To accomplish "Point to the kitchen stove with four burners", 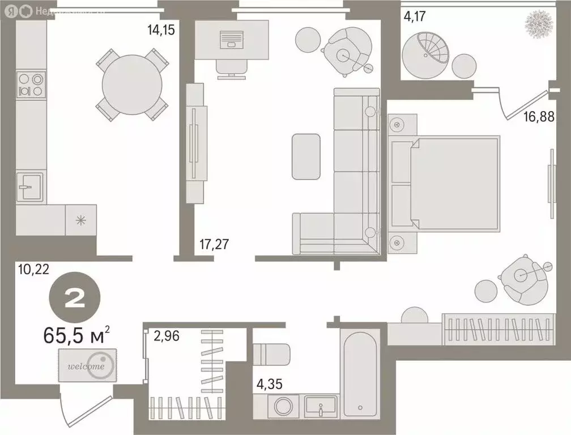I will point(31,84).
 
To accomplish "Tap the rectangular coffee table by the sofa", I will point(306,156).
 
